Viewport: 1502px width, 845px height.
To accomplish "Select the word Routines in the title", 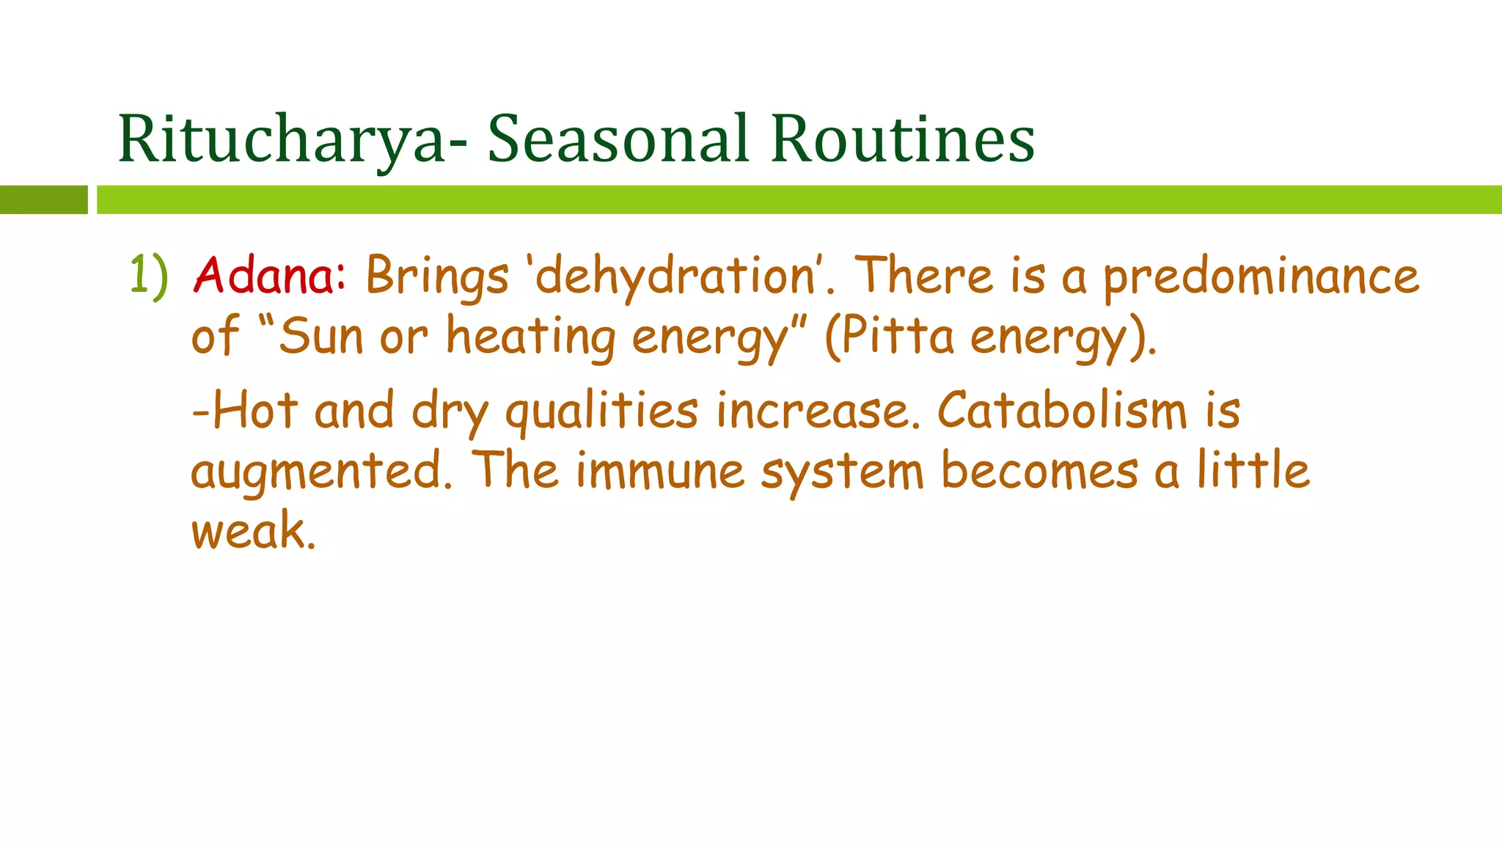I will click(903, 139).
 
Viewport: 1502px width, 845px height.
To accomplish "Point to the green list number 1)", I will click(149, 276).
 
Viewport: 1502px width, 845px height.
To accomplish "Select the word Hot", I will click(255, 411).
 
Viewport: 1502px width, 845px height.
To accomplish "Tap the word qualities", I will click(601, 411).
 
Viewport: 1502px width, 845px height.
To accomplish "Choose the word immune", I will click(660, 472).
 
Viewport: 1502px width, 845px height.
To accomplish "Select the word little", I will click(1253, 470).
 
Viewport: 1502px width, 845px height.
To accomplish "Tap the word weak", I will click(253, 531).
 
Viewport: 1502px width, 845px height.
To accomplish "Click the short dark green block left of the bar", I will click(44, 200).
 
